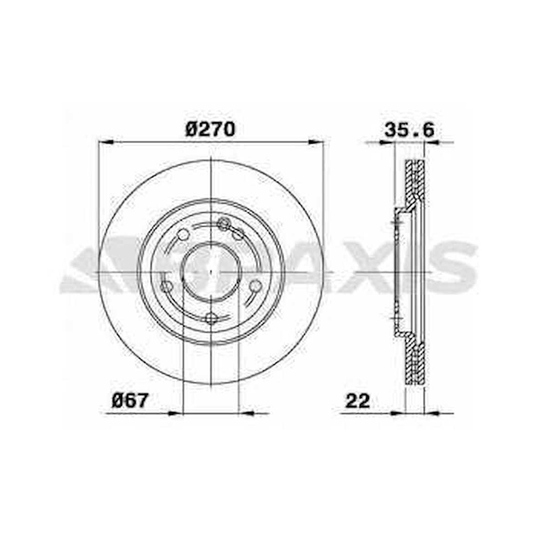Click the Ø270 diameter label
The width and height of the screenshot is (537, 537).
tap(210, 129)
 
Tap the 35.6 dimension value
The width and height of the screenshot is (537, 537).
tap(409, 130)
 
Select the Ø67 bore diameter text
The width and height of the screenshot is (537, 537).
tap(130, 400)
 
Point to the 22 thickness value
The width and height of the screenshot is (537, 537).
tap(358, 400)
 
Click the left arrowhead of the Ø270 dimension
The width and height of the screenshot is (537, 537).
tap(106, 142)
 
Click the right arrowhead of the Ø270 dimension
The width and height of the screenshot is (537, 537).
tap(315, 142)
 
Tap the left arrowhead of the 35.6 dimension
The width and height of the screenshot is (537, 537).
tap(387, 142)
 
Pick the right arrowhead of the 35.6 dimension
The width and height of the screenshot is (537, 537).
tap(432, 142)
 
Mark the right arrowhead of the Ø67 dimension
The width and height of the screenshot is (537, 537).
tap(246, 413)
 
